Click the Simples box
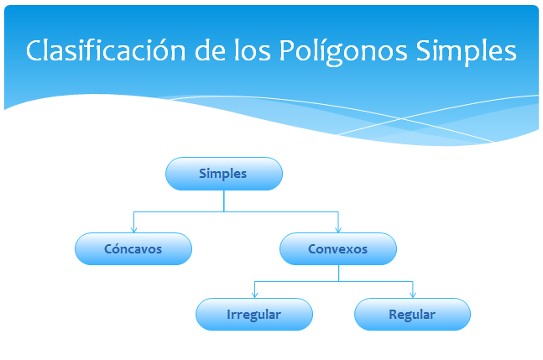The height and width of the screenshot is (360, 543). (224, 174)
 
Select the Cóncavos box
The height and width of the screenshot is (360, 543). (133, 249)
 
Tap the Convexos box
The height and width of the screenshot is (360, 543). (338, 249)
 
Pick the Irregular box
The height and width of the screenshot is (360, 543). (254, 315)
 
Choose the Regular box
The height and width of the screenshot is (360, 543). (412, 315)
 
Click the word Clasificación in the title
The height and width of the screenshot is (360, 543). (106, 50)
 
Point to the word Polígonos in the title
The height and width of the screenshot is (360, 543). (343, 52)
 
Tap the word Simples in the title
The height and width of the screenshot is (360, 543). (466, 52)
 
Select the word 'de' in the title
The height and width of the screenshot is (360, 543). (210, 50)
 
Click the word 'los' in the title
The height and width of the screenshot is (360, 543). (253, 50)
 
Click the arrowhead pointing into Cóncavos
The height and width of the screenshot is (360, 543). (134, 229)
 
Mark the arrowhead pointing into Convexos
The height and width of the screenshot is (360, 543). (338, 229)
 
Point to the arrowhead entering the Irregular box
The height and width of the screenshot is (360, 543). (255, 295)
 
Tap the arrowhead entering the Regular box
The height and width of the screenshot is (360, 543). (413, 295)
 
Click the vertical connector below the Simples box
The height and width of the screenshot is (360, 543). (224, 201)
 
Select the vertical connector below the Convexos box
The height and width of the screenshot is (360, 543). (339, 274)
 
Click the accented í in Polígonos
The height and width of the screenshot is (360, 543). (316, 50)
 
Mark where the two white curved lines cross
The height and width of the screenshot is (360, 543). (402, 118)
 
